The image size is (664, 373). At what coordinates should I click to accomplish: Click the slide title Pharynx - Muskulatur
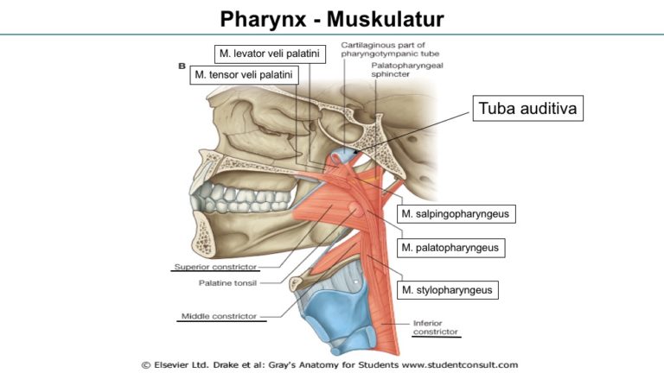tap(332, 19)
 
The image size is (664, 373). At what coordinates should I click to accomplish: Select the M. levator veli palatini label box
tap(270, 54)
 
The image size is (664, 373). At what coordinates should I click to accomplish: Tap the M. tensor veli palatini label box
tap(244, 75)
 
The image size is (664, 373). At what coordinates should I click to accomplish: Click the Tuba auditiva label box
tap(527, 108)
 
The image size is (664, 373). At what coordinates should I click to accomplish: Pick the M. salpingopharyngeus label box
tap(456, 214)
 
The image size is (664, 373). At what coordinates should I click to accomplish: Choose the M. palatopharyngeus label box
tap(450, 248)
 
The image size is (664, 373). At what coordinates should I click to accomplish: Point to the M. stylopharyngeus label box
tap(447, 290)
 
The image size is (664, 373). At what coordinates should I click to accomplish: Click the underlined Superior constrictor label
tap(215, 267)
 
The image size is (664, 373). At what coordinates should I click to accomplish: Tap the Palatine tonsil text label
tap(228, 283)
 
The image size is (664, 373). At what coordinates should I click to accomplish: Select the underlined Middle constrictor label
tap(220, 316)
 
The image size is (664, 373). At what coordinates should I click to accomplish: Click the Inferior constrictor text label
tap(436, 328)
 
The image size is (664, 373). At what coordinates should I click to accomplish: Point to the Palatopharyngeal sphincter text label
tap(407, 70)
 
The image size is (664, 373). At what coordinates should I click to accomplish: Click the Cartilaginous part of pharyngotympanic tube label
tap(390, 49)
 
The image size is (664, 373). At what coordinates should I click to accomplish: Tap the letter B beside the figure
tap(182, 66)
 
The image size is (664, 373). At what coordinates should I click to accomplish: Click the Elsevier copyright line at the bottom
tap(329, 365)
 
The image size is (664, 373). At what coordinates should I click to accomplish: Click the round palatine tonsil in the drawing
tap(354, 209)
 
